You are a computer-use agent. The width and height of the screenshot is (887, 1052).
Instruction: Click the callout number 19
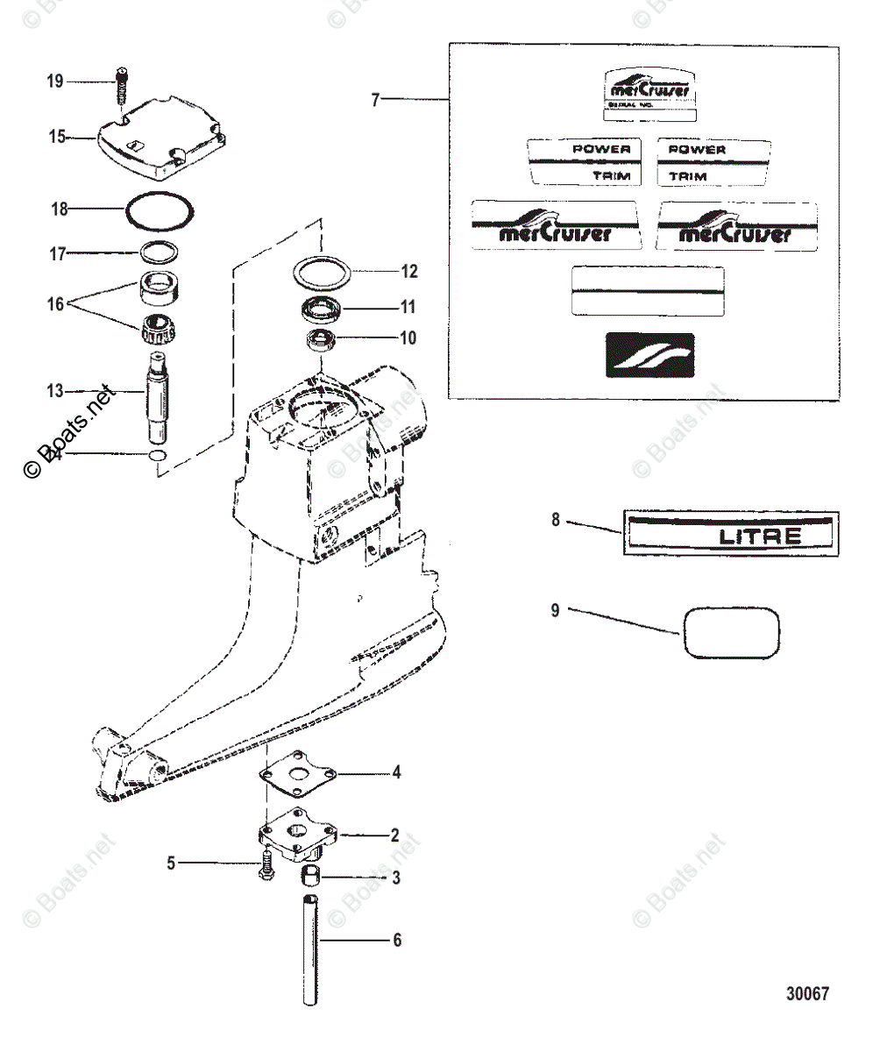point(55,82)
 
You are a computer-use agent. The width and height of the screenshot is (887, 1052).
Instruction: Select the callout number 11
point(408,308)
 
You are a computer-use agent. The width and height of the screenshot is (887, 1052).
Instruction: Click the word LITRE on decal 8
point(760,536)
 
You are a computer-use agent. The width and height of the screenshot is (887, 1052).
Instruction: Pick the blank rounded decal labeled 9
point(730,632)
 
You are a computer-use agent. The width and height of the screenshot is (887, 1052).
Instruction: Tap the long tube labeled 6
point(310,950)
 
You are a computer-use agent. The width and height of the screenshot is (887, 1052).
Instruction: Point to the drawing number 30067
point(806,993)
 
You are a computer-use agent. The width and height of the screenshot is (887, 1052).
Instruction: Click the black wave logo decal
point(649,355)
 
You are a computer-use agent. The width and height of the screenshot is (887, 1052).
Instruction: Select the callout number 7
point(375,100)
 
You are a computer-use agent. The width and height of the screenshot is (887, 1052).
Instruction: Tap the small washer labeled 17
point(158,252)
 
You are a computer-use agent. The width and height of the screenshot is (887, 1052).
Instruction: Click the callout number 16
point(55,304)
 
